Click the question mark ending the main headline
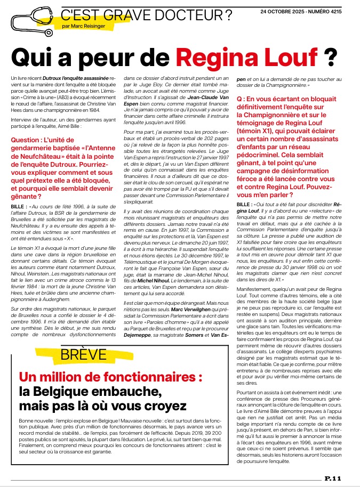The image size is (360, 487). (x=331, y=55)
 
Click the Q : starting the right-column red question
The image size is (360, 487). (x=241, y=99)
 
